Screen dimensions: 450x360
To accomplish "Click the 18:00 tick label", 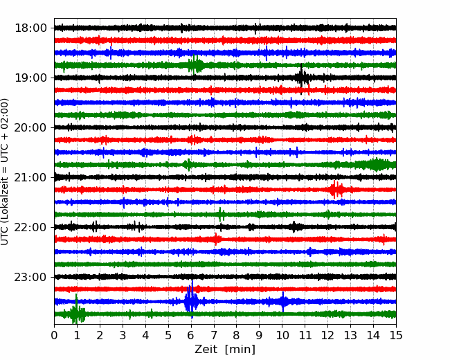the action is coord(30,28).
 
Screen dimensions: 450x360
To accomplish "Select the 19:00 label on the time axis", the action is coord(30,78).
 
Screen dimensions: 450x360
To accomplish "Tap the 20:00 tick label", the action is coord(30,127).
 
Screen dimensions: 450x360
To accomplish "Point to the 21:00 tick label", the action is coord(30,177).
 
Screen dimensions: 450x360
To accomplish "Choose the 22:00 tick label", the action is coord(30,227).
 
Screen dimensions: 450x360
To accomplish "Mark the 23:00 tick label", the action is coord(30,277).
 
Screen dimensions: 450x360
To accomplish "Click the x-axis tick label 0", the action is coord(54,335).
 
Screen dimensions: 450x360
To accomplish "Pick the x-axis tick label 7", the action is coord(214,335).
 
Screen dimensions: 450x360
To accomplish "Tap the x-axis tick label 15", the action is coord(396,335).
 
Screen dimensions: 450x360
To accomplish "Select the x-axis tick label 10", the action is coord(282,335).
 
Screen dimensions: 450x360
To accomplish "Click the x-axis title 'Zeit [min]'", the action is coord(225,349).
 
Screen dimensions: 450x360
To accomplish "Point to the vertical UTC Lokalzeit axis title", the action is coord(5,172).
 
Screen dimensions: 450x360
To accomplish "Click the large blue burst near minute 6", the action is coord(191,300).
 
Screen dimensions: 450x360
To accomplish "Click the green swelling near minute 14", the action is coord(375,165).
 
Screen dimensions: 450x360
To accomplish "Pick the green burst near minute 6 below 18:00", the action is coord(196,65).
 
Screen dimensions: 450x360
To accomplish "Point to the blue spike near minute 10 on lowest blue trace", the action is coord(283,301).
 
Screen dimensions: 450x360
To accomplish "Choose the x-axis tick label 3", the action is coord(123,335).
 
